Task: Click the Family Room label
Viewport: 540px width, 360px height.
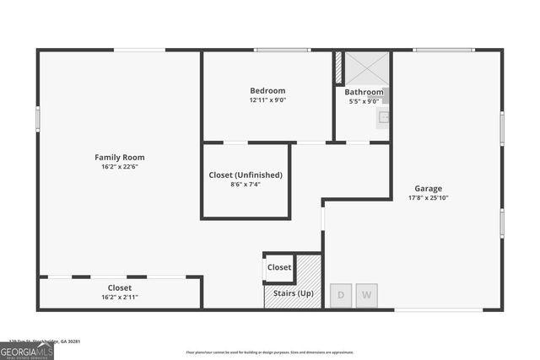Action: click(119, 157)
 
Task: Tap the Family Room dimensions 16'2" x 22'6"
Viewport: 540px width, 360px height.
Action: click(119, 167)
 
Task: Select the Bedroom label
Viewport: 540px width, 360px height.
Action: click(267, 90)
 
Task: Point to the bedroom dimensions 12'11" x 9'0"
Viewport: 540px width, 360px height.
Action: click(267, 100)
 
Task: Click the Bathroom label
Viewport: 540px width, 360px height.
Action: click(364, 92)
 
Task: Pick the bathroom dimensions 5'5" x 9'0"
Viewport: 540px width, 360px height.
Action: click(364, 101)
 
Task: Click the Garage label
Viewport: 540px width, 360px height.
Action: click(428, 188)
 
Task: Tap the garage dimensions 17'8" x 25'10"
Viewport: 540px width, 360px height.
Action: click(428, 198)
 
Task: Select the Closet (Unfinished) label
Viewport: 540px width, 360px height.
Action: click(246, 175)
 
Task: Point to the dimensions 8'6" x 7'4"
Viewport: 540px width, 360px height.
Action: click(246, 185)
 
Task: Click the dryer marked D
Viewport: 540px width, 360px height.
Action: click(341, 295)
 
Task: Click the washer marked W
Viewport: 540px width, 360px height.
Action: click(366, 295)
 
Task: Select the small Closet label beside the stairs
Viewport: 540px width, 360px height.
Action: click(279, 267)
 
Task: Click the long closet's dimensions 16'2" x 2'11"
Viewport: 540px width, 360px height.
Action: click(119, 297)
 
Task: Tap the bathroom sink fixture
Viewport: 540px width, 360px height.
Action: click(383, 117)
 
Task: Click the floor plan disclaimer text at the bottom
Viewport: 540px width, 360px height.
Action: click(270, 352)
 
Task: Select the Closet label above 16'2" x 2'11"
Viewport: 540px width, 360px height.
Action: click(119, 287)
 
